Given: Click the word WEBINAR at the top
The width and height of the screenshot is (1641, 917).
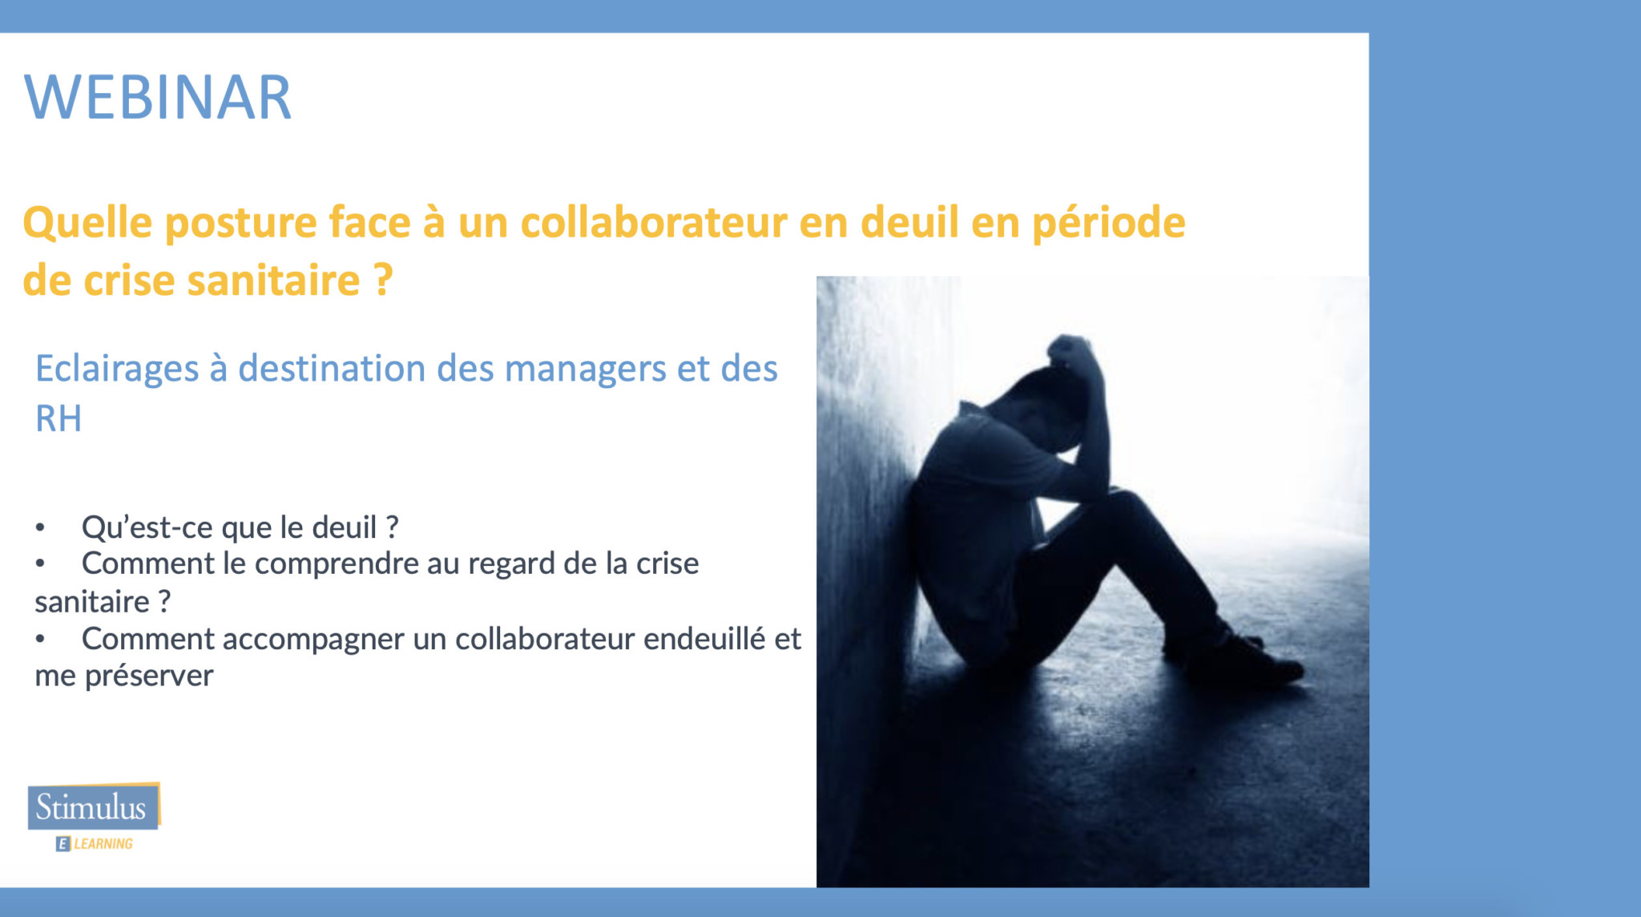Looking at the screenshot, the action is (158, 98).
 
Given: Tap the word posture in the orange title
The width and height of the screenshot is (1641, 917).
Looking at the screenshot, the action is (241, 223).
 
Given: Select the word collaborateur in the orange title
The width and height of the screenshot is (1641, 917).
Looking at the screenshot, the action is (654, 222).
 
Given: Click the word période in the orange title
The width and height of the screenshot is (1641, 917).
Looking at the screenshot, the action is (1108, 223).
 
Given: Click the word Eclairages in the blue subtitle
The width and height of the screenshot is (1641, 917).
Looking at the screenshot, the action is (117, 370).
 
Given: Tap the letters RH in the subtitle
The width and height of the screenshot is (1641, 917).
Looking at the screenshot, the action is (58, 418).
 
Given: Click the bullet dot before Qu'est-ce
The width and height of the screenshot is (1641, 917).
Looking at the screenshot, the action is (39, 528).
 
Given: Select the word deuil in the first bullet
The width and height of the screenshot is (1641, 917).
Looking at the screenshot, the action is (344, 527).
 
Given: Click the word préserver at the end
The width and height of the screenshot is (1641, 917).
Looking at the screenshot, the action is (149, 677).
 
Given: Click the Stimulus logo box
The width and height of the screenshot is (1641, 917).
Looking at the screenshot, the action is (93, 806).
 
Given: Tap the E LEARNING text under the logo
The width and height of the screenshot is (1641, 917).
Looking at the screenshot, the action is (95, 843).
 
